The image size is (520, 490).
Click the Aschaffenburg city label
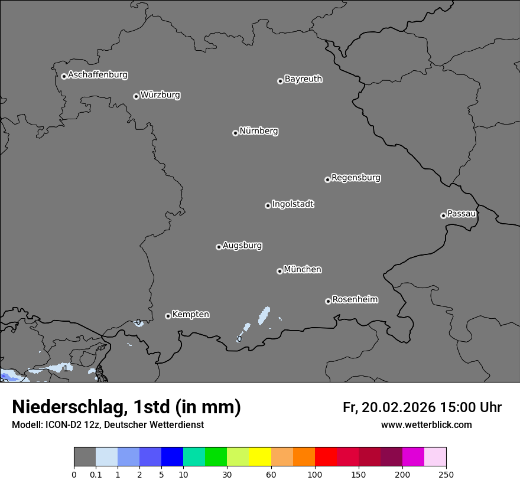tap(97, 75)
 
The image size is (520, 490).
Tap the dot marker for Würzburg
tap(136, 96)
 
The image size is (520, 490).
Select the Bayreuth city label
tap(303, 79)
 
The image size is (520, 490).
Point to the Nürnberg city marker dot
tap(235, 133)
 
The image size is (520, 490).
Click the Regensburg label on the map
tap(356, 178)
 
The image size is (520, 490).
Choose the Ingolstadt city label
tap(292, 204)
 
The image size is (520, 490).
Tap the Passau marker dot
tap(443, 215)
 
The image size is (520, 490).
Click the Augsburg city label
tap(242, 246)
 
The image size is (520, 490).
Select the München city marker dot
tap(279, 271)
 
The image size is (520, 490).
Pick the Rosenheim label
tap(355, 300)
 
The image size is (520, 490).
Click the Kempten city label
tap(190, 315)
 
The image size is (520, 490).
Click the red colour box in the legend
tap(326, 457)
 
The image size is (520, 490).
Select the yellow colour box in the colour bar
tap(260, 457)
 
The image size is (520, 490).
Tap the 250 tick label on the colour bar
tap(446, 475)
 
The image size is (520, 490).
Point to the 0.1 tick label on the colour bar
tap(96, 475)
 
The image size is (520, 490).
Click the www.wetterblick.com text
tap(426, 425)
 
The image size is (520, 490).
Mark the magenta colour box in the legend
tap(413, 457)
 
